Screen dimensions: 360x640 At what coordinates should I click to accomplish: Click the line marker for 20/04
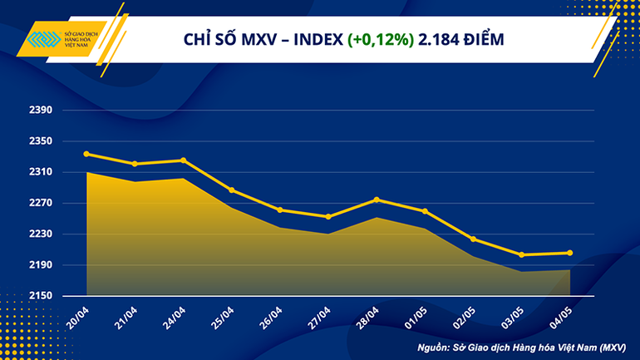click(x=86, y=154)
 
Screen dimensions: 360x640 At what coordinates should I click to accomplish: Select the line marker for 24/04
click(x=184, y=160)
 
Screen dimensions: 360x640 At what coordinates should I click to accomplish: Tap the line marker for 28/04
click(x=377, y=200)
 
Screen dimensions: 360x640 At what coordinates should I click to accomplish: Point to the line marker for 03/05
click(x=521, y=254)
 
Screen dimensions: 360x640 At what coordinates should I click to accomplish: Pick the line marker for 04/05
click(x=569, y=253)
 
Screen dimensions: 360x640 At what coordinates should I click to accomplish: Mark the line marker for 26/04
click(x=280, y=210)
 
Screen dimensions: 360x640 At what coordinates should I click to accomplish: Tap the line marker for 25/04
click(x=232, y=190)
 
